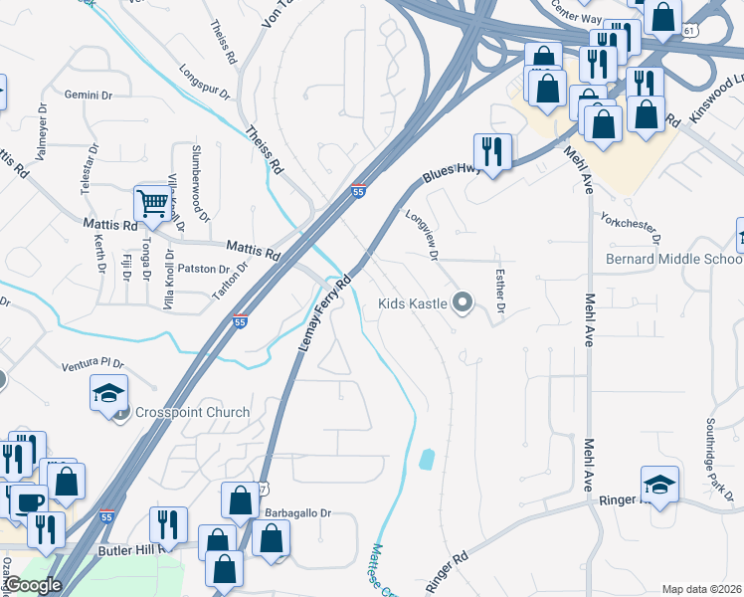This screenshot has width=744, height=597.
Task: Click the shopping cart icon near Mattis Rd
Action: pyautogui.click(x=152, y=203)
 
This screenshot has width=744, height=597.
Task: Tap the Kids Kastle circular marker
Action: pyautogui.click(x=462, y=303)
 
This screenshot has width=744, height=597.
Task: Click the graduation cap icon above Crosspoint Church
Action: pyautogui.click(x=108, y=394)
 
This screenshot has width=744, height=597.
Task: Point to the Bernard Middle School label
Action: pyautogui.click(x=674, y=259)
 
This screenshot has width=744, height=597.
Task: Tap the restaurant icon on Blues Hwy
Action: pyautogui.click(x=492, y=151)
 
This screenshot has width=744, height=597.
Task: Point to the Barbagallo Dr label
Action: pyautogui.click(x=297, y=513)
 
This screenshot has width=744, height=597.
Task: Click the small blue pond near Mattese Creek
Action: pyautogui.click(x=428, y=459)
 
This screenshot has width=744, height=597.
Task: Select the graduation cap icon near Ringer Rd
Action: pyautogui.click(x=659, y=485)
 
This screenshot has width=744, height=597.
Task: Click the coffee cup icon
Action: pyautogui.click(x=29, y=502)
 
